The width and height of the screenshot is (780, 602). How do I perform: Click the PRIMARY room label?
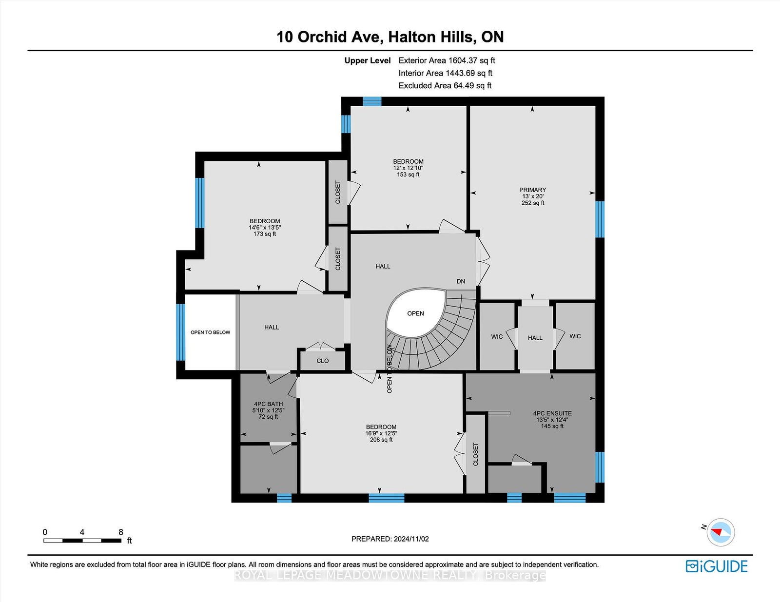tap(533, 190)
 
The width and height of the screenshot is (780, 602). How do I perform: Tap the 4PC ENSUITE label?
tap(552, 413)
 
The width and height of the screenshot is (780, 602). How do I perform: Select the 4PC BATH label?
tap(269, 404)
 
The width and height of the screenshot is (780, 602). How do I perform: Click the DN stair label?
tap(461, 281)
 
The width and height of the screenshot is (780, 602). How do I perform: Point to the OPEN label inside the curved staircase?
tap(416, 313)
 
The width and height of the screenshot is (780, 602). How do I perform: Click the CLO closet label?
tap(323, 361)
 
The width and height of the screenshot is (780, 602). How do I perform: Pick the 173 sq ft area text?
tap(265, 234)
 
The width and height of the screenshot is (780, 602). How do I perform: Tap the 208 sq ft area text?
tap(381, 440)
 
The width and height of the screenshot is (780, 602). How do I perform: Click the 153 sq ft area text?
tap(408, 175)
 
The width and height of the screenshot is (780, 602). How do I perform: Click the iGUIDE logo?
tap(717, 566)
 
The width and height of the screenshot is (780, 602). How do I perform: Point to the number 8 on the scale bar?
tap(121, 532)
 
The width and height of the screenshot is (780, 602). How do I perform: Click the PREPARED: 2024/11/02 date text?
tap(390, 539)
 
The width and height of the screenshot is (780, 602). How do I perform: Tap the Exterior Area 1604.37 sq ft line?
tap(447, 60)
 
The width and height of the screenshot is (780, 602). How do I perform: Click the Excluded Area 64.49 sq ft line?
tap(445, 85)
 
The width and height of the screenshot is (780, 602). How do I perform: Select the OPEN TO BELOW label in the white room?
tap(210, 332)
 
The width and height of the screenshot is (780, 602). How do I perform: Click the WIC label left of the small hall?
tap(497, 336)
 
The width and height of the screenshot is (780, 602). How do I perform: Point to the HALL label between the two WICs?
tap(535, 338)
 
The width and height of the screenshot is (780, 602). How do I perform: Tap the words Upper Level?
tap(368, 60)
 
